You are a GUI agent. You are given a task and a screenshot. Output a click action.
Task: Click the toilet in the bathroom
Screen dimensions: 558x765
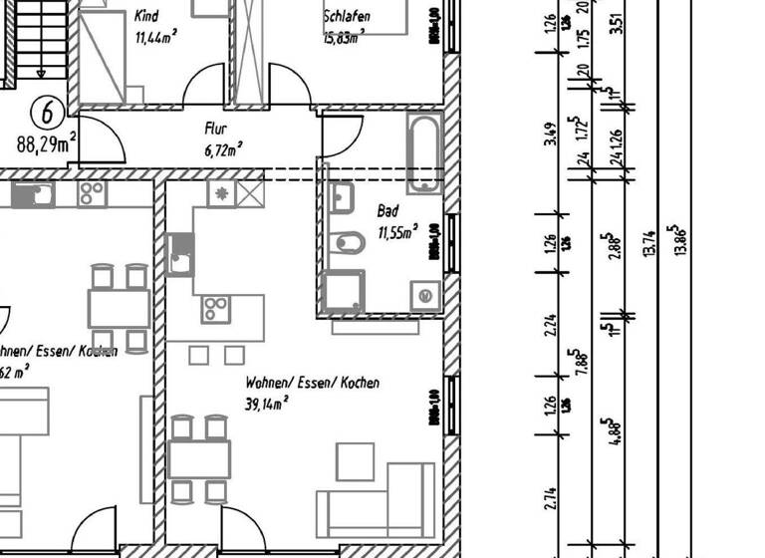click(348, 242)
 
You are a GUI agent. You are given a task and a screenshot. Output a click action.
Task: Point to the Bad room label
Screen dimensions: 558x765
click(387, 211)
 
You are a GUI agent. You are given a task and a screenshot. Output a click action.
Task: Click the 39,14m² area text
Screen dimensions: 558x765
click(267, 404)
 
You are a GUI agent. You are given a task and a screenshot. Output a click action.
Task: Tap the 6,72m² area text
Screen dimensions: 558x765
click(224, 149)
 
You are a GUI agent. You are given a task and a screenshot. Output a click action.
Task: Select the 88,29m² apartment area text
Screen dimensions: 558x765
click(47, 143)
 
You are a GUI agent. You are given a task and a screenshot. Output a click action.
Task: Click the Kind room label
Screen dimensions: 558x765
click(145, 17)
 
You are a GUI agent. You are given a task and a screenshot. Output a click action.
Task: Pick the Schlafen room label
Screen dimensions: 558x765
click(347, 17)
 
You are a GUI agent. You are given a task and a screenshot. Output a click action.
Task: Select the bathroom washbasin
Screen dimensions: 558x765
click(342, 196)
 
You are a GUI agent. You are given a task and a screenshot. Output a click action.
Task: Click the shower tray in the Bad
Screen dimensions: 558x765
click(345, 293)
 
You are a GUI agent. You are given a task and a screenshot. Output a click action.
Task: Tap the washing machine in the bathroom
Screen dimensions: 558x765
click(425, 295)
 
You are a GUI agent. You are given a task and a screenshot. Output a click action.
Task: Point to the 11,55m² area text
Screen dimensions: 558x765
click(396, 233)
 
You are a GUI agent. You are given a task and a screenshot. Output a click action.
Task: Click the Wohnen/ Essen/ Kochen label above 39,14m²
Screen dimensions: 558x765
click(312, 383)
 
